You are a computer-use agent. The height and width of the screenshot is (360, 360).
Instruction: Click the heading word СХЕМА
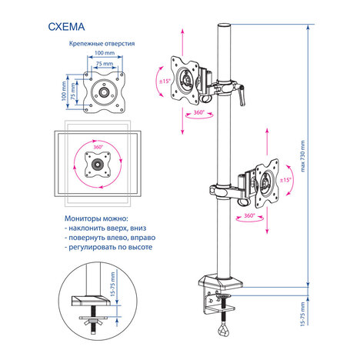[66, 27]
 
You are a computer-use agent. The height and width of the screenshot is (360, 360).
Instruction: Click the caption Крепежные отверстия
[102, 44]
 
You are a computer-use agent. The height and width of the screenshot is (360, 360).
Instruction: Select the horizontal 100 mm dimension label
[105, 53]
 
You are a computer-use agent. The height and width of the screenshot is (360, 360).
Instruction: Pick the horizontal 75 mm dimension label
[105, 63]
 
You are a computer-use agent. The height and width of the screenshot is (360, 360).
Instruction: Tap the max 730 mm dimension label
[303, 156]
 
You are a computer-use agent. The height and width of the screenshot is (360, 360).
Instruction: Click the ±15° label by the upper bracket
[165, 82]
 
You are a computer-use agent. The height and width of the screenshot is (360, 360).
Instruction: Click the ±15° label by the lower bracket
[285, 180]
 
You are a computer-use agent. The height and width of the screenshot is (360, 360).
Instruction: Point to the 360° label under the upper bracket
[198, 112]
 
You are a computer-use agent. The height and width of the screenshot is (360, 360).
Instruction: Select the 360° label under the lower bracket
[249, 215]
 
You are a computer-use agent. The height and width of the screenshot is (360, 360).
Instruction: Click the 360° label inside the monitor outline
[98, 147]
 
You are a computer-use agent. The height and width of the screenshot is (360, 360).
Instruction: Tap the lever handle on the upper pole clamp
[242, 96]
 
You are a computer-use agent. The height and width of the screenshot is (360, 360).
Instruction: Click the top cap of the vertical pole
[225, 26]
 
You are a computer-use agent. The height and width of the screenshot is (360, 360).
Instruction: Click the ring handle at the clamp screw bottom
[223, 329]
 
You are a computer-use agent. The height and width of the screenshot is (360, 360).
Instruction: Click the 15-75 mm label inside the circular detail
[113, 285]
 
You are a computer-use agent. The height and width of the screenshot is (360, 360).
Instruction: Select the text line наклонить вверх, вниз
[105, 228]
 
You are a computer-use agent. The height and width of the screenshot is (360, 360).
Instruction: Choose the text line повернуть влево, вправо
[110, 238]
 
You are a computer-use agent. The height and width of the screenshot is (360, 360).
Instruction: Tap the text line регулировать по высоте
[108, 248]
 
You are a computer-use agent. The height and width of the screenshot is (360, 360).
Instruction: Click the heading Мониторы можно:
[96, 218]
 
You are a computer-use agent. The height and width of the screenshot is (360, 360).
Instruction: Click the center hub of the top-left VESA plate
[104, 92]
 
